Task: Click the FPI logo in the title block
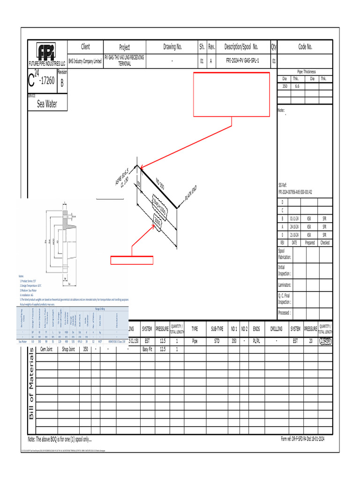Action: [x=47, y=51]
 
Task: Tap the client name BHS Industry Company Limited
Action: [x=85, y=61]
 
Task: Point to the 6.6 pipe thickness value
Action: [x=297, y=86]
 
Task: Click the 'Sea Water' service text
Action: [x=47, y=104]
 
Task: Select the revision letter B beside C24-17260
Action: [x=62, y=83]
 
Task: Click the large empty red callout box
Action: [x=232, y=94]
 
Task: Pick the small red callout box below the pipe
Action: [x=132, y=260]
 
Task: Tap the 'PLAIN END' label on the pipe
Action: [x=190, y=193]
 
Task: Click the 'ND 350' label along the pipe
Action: [x=160, y=184]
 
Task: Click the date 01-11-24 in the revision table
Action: [x=294, y=218]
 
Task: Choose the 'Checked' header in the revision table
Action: [x=325, y=243]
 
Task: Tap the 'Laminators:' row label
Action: [x=285, y=285]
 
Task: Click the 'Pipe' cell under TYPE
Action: [x=195, y=342]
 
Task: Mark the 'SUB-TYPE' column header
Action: [x=217, y=329]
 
